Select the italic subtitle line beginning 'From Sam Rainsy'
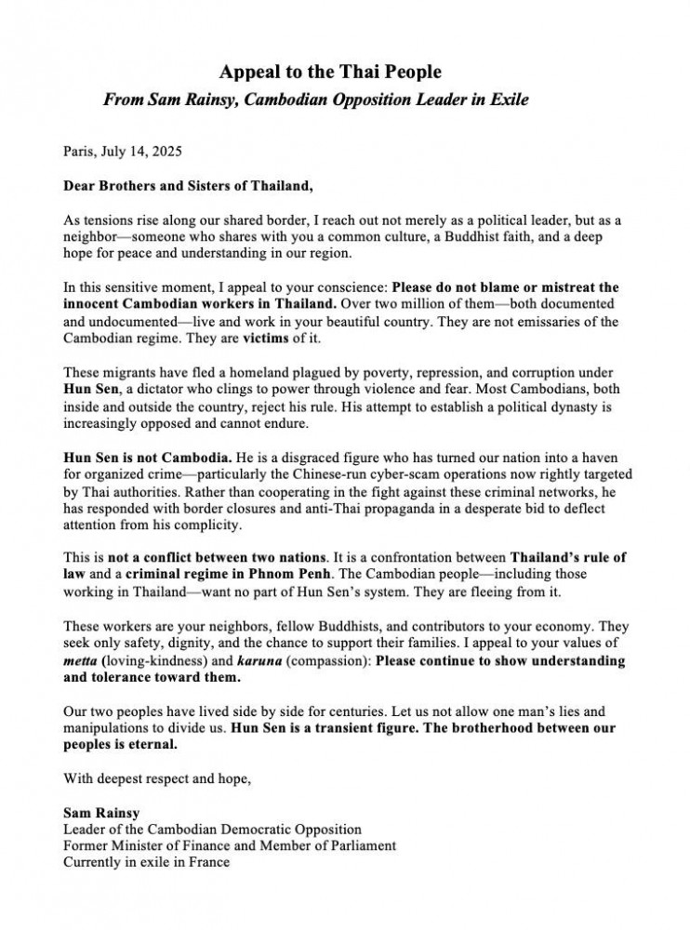[x=316, y=100]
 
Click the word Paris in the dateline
[x=79, y=150]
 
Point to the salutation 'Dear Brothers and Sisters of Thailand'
[x=187, y=185]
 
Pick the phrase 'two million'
[x=452, y=304]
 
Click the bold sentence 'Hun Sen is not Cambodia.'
[x=148, y=459]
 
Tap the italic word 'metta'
[x=79, y=661]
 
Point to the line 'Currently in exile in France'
[x=146, y=861]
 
